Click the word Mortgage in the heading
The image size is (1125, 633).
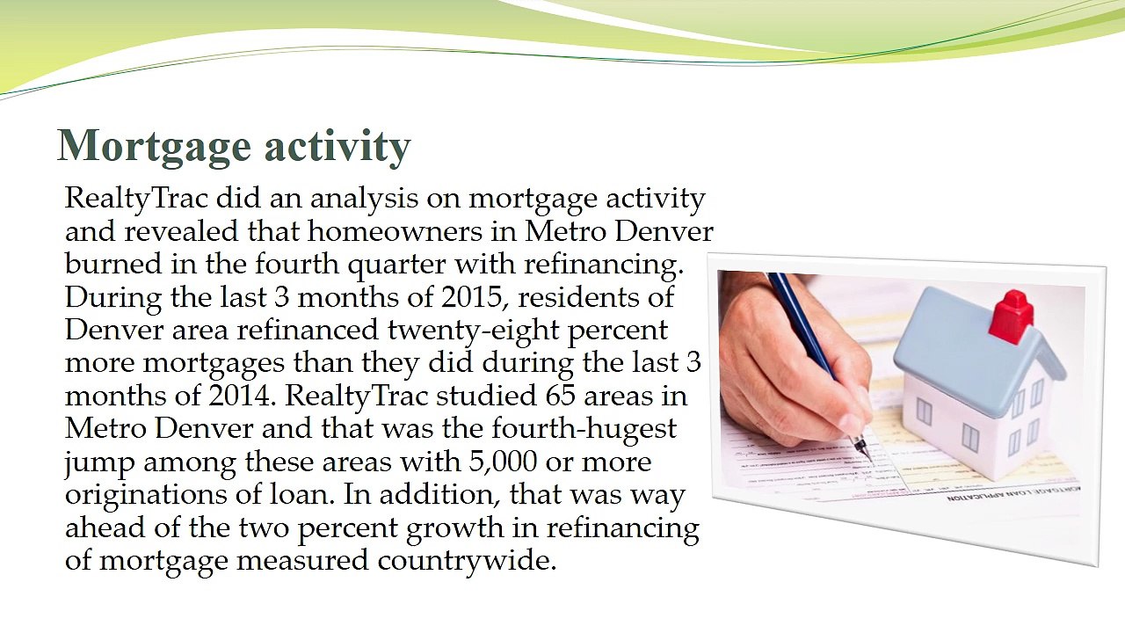coord(154,146)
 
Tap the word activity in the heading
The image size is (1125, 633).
coord(338,146)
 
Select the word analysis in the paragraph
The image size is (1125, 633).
coord(364,200)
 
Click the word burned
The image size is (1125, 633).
coord(113,265)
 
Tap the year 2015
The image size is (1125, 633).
coord(472,298)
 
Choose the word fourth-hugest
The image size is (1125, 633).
coord(584,431)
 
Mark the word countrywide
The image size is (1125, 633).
coord(467,562)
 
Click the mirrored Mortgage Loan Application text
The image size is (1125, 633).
coord(1013,493)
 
